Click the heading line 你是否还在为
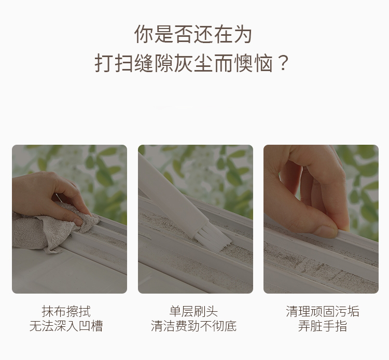pyautogui.click(x=193, y=34)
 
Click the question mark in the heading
pyautogui.click(x=283, y=63)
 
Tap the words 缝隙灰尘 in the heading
pyautogui.click(x=173, y=63)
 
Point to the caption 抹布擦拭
pyautogui.click(x=66, y=311)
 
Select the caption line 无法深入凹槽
pyautogui.click(x=66, y=326)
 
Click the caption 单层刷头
pyautogui.click(x=193, y=311)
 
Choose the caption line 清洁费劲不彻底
pyautogui.click(x=193, y=326)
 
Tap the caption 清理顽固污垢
pyautogui.click(x=322, y=311)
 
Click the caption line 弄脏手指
pyautogui.click(x=322, y=326)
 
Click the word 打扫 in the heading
pyautogui.click(x=114, y=63)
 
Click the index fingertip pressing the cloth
pyautogui.click(x=79, y=221)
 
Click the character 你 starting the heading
pyautogui.click(x=143, y=34)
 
